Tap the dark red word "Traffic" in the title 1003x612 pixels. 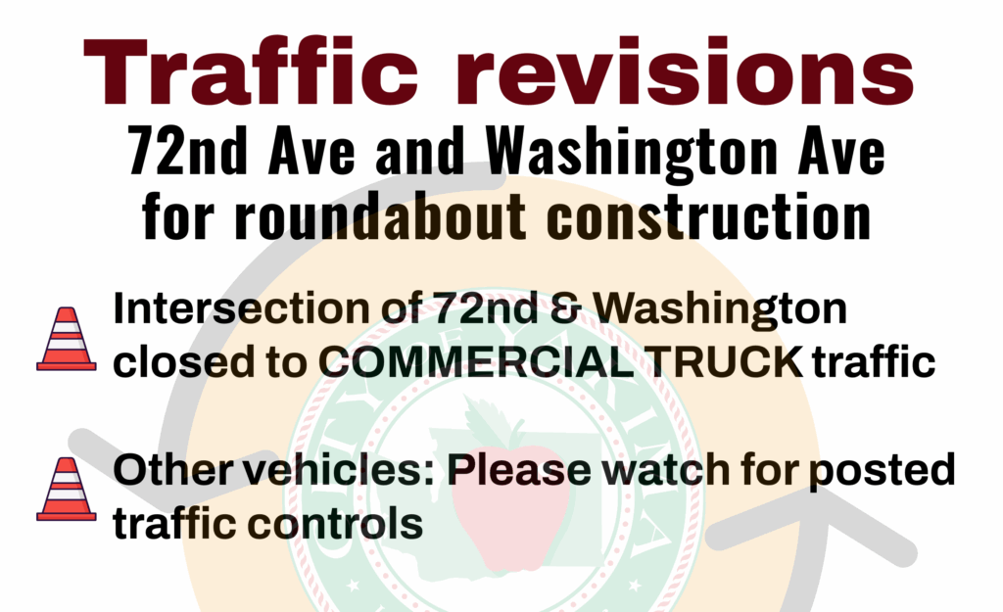click(x=251, y=71)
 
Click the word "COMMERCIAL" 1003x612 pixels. click(x=476, y=362)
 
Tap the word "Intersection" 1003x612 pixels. click(x=242, y=308)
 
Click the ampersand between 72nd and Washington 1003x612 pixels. click(x=565, y=308)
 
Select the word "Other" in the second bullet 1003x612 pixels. click(x=172, y=469)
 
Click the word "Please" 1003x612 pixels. click(x=519, y=469)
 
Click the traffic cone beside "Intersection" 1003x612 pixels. click(x=67, y=339)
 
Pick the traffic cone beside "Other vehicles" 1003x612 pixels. click(x=67, y=490)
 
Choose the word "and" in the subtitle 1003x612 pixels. click(x=419, y=151)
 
